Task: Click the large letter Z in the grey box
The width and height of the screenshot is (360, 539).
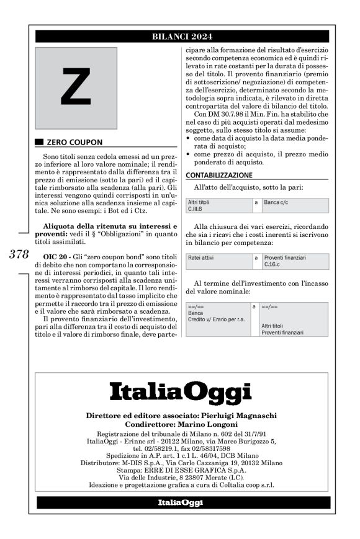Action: coord(76,88)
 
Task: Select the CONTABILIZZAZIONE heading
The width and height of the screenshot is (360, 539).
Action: coord(218,175)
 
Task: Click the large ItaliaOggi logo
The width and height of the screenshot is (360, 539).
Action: coord(181,393)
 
